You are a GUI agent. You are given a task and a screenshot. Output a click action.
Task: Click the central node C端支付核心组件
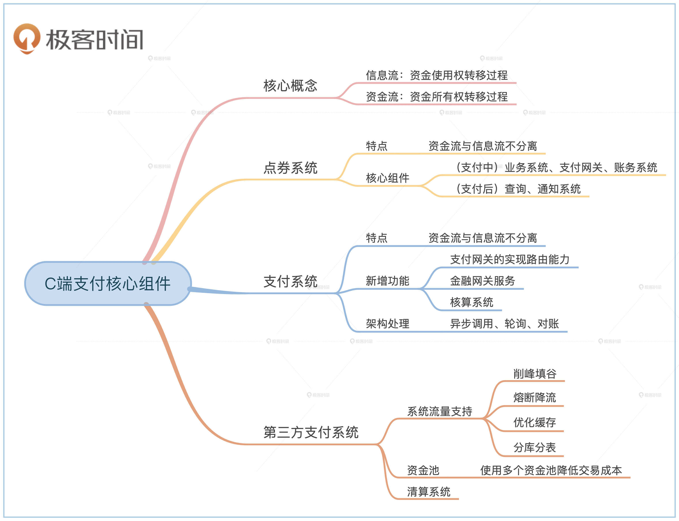pos(108,283)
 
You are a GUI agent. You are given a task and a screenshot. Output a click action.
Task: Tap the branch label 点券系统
pos(290,168)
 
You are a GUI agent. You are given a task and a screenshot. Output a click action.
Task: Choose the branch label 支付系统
pos(290,281)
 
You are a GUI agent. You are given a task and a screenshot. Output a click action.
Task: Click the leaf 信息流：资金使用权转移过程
pos(436,75)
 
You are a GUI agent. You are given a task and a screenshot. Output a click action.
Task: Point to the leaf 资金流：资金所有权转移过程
pos(436,97)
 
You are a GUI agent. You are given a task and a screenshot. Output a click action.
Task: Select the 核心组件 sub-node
pos(387,178)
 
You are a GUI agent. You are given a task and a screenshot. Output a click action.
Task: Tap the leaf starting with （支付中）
pos(556,167)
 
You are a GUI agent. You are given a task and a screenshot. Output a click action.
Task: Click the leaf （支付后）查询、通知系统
pos(518,189)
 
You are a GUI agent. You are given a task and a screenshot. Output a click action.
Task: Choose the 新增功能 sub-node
pos(387,281)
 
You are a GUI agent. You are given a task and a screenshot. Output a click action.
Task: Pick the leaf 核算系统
pos(471,302)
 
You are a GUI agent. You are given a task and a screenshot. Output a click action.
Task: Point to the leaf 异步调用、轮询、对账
pos(504,324)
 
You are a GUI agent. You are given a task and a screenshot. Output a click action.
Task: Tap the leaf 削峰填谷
pos(535,374)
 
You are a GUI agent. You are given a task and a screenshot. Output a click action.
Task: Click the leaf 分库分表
pos(535,447)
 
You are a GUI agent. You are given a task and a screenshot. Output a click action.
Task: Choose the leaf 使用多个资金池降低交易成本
pos(551,470)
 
